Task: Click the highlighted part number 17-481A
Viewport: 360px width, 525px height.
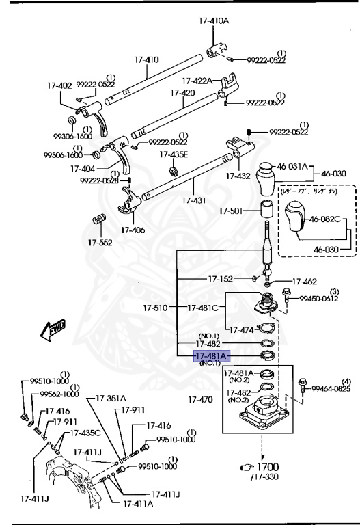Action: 212,355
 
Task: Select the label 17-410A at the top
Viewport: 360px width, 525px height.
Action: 214,21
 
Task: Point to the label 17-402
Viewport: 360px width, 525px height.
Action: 59,85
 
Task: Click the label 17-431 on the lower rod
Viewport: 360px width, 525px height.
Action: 193,200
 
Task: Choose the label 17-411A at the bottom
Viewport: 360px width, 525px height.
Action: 138,504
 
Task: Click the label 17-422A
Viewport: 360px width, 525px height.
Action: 199,81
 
